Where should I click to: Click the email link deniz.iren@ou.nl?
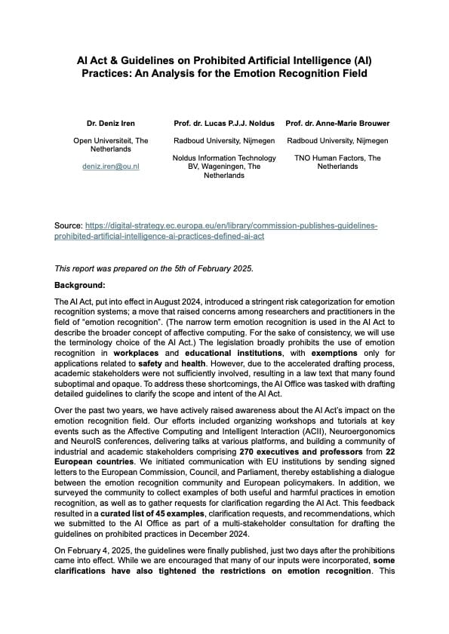click(111, 165)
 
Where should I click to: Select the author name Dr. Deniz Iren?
click(111, 123)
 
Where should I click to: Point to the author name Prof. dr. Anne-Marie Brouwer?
click(338, 123)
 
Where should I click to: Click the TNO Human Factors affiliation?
click(338, 162)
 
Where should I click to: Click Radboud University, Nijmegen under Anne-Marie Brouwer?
click(338, 140)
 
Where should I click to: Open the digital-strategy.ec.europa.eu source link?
click(226, 225)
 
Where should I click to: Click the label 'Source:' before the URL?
click(69, 225)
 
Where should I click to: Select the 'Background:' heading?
click(79, 286)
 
